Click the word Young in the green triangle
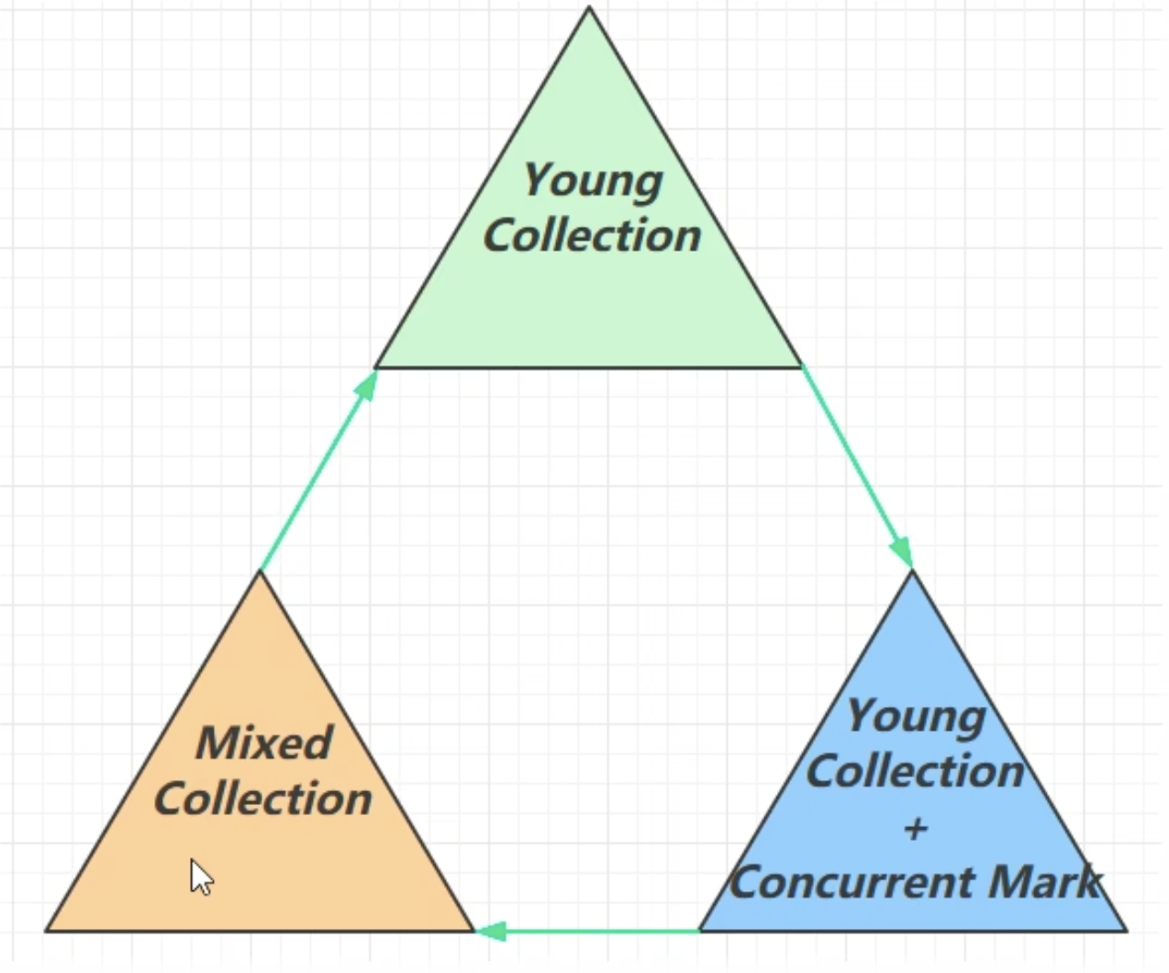593,180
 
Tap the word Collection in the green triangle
592,235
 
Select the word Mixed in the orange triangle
264,743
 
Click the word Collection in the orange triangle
263,799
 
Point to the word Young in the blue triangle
916,716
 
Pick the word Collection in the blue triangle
915,771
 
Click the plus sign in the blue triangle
915,829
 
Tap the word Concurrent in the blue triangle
855,883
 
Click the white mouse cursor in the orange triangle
201,877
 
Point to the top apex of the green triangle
589,8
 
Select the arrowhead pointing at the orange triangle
491,932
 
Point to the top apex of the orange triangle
260,572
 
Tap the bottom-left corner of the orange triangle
47,931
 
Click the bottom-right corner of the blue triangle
1126,931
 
